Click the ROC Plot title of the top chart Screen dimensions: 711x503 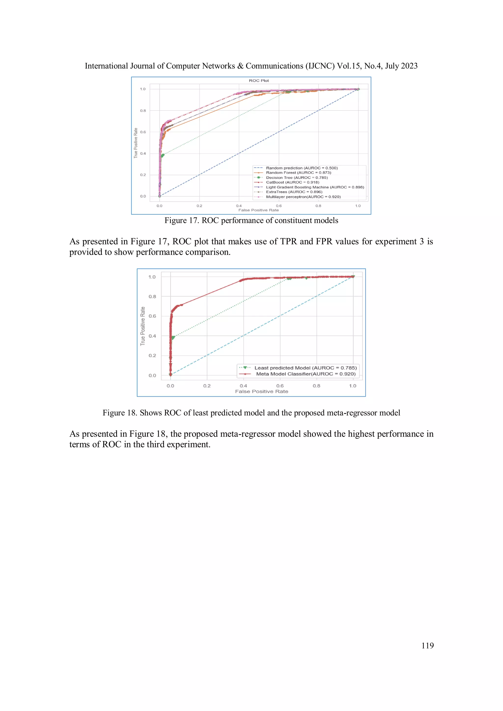click(x=259, y=80)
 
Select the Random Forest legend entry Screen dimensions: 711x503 click(x=298, y=173)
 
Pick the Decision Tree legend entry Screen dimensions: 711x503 click(x=297, y=178)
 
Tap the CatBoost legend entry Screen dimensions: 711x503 click(x=292, y=182)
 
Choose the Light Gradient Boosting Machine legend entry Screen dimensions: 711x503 click(x=315, y=187)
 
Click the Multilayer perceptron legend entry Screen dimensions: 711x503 click(x=303, y=197)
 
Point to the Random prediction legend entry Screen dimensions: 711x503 click(x=302, y=168)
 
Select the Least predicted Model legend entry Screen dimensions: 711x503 click(x=305, y=368)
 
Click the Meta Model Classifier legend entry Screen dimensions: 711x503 click(x=306, y=374)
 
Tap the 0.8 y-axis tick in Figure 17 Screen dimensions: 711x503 click(x=143, y=110)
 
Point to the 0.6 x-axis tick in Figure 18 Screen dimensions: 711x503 click(x=280, y=386)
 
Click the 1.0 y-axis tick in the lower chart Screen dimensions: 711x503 click(x=152, y=277)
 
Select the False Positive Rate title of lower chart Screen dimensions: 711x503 click(x=262, y=391)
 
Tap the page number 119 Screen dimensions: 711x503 click(x=427, y=645)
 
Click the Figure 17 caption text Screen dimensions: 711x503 click(x=251, y=220)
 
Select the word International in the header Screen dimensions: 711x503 click(x=106, y=66)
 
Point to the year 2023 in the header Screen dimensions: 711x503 click(x=409, y=66)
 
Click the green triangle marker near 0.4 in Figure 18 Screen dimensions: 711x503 click(x=173, y=338)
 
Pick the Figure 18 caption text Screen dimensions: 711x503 click(x=251, y=413)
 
